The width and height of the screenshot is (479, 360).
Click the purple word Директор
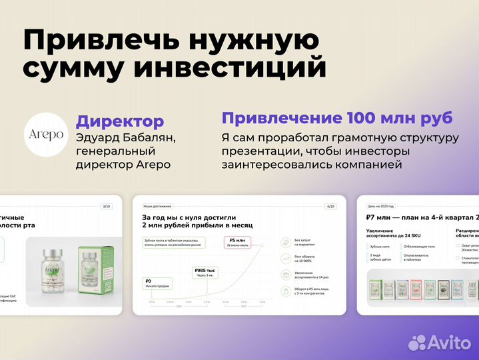coord(119,121)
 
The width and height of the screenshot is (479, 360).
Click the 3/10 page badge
coord(106,206)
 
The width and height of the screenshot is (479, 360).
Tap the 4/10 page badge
coord(330,206)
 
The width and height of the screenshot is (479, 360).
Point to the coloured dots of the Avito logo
coord(418,343)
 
